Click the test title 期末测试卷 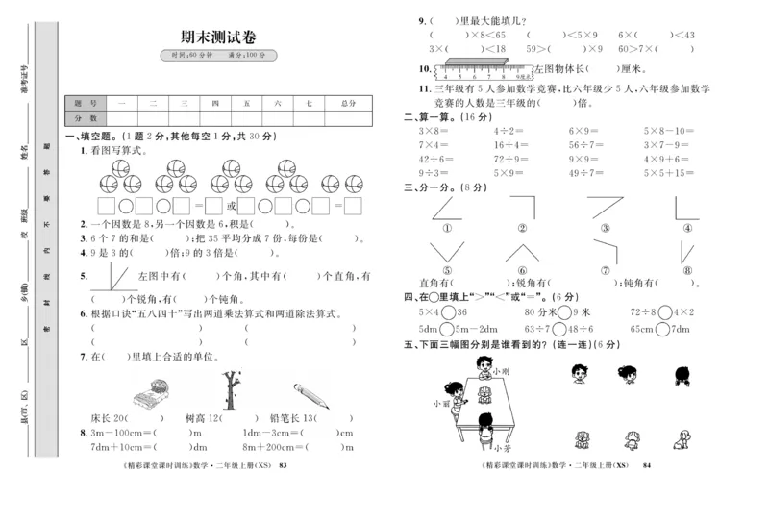218,36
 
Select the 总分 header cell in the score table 348,103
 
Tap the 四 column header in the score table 215,103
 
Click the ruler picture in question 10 485,69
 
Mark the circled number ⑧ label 686,270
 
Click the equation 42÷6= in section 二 435,159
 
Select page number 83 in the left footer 282,465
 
